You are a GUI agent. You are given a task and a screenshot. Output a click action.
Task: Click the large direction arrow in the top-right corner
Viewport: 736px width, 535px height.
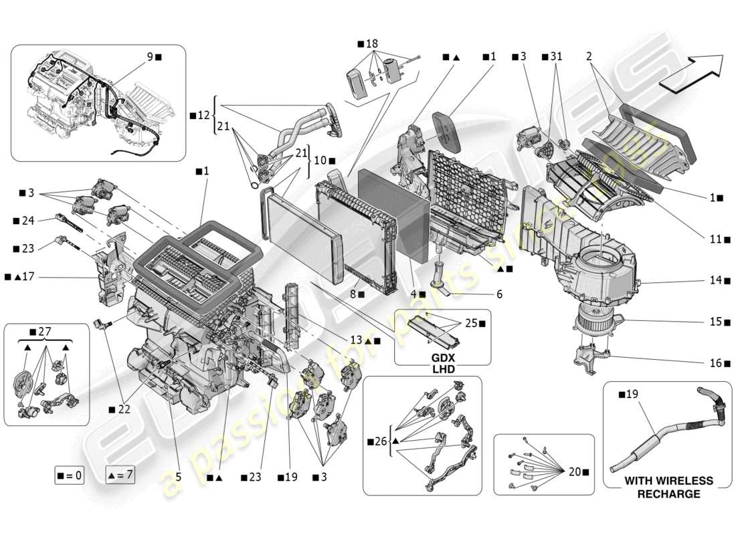point(693,70)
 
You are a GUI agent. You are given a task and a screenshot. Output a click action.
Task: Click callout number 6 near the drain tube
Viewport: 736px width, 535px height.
point(500,294)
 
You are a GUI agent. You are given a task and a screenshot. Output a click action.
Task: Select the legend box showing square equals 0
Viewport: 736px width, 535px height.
point(70,475)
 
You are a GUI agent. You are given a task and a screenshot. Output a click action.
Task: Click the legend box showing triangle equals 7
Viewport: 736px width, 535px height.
point(120,475)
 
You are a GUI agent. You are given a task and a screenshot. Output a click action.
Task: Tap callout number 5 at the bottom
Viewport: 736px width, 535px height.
point(179,477)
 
